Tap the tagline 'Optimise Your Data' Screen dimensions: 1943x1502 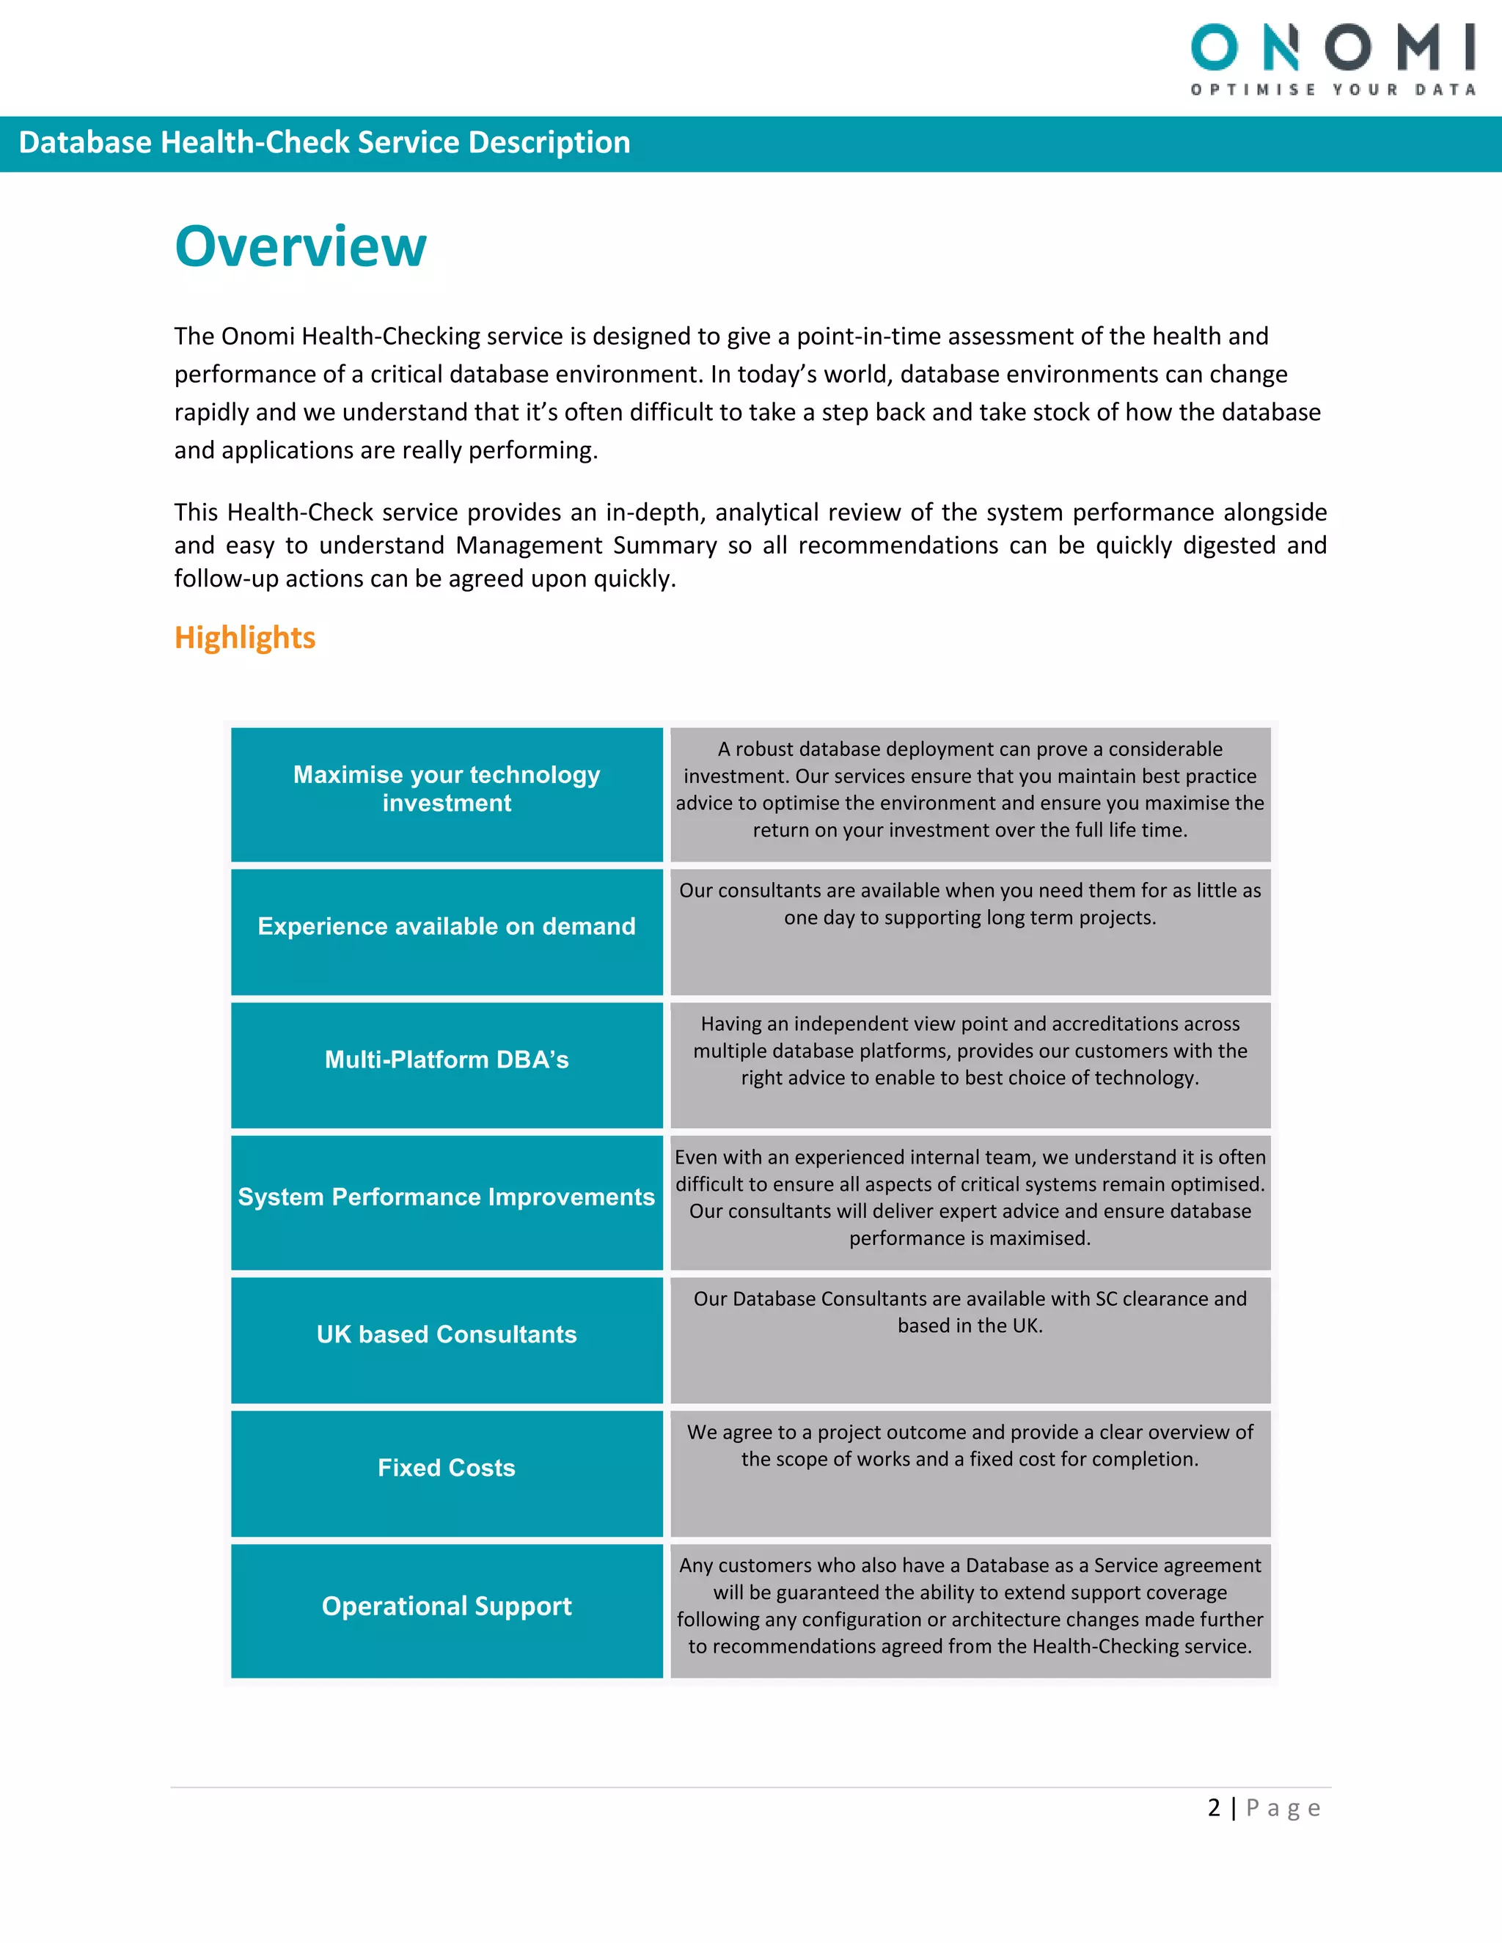coord(1333,90)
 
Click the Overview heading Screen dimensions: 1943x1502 coord(301,246)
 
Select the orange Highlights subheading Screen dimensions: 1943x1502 coord(245,638)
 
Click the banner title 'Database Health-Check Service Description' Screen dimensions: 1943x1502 coord(324,142)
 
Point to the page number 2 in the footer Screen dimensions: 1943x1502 coord(1214,1808)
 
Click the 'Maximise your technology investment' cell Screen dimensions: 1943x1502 coord(447,789)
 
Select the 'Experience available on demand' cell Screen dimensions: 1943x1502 coord(447,927)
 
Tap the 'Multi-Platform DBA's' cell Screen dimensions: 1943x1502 coord(447,1059)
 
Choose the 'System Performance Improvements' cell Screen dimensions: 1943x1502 coord(447,1197)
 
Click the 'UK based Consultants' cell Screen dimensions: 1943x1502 coord(447,1334)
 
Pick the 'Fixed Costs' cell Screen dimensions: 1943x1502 coord(447,1468)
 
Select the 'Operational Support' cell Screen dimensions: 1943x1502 coord(447,1606)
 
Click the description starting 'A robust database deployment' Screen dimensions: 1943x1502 coord(970,789)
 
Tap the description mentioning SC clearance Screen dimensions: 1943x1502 coord(970,1312)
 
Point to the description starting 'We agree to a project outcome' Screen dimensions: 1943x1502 coord(970,1446)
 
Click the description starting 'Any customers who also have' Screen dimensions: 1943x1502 coord(970,1606)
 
